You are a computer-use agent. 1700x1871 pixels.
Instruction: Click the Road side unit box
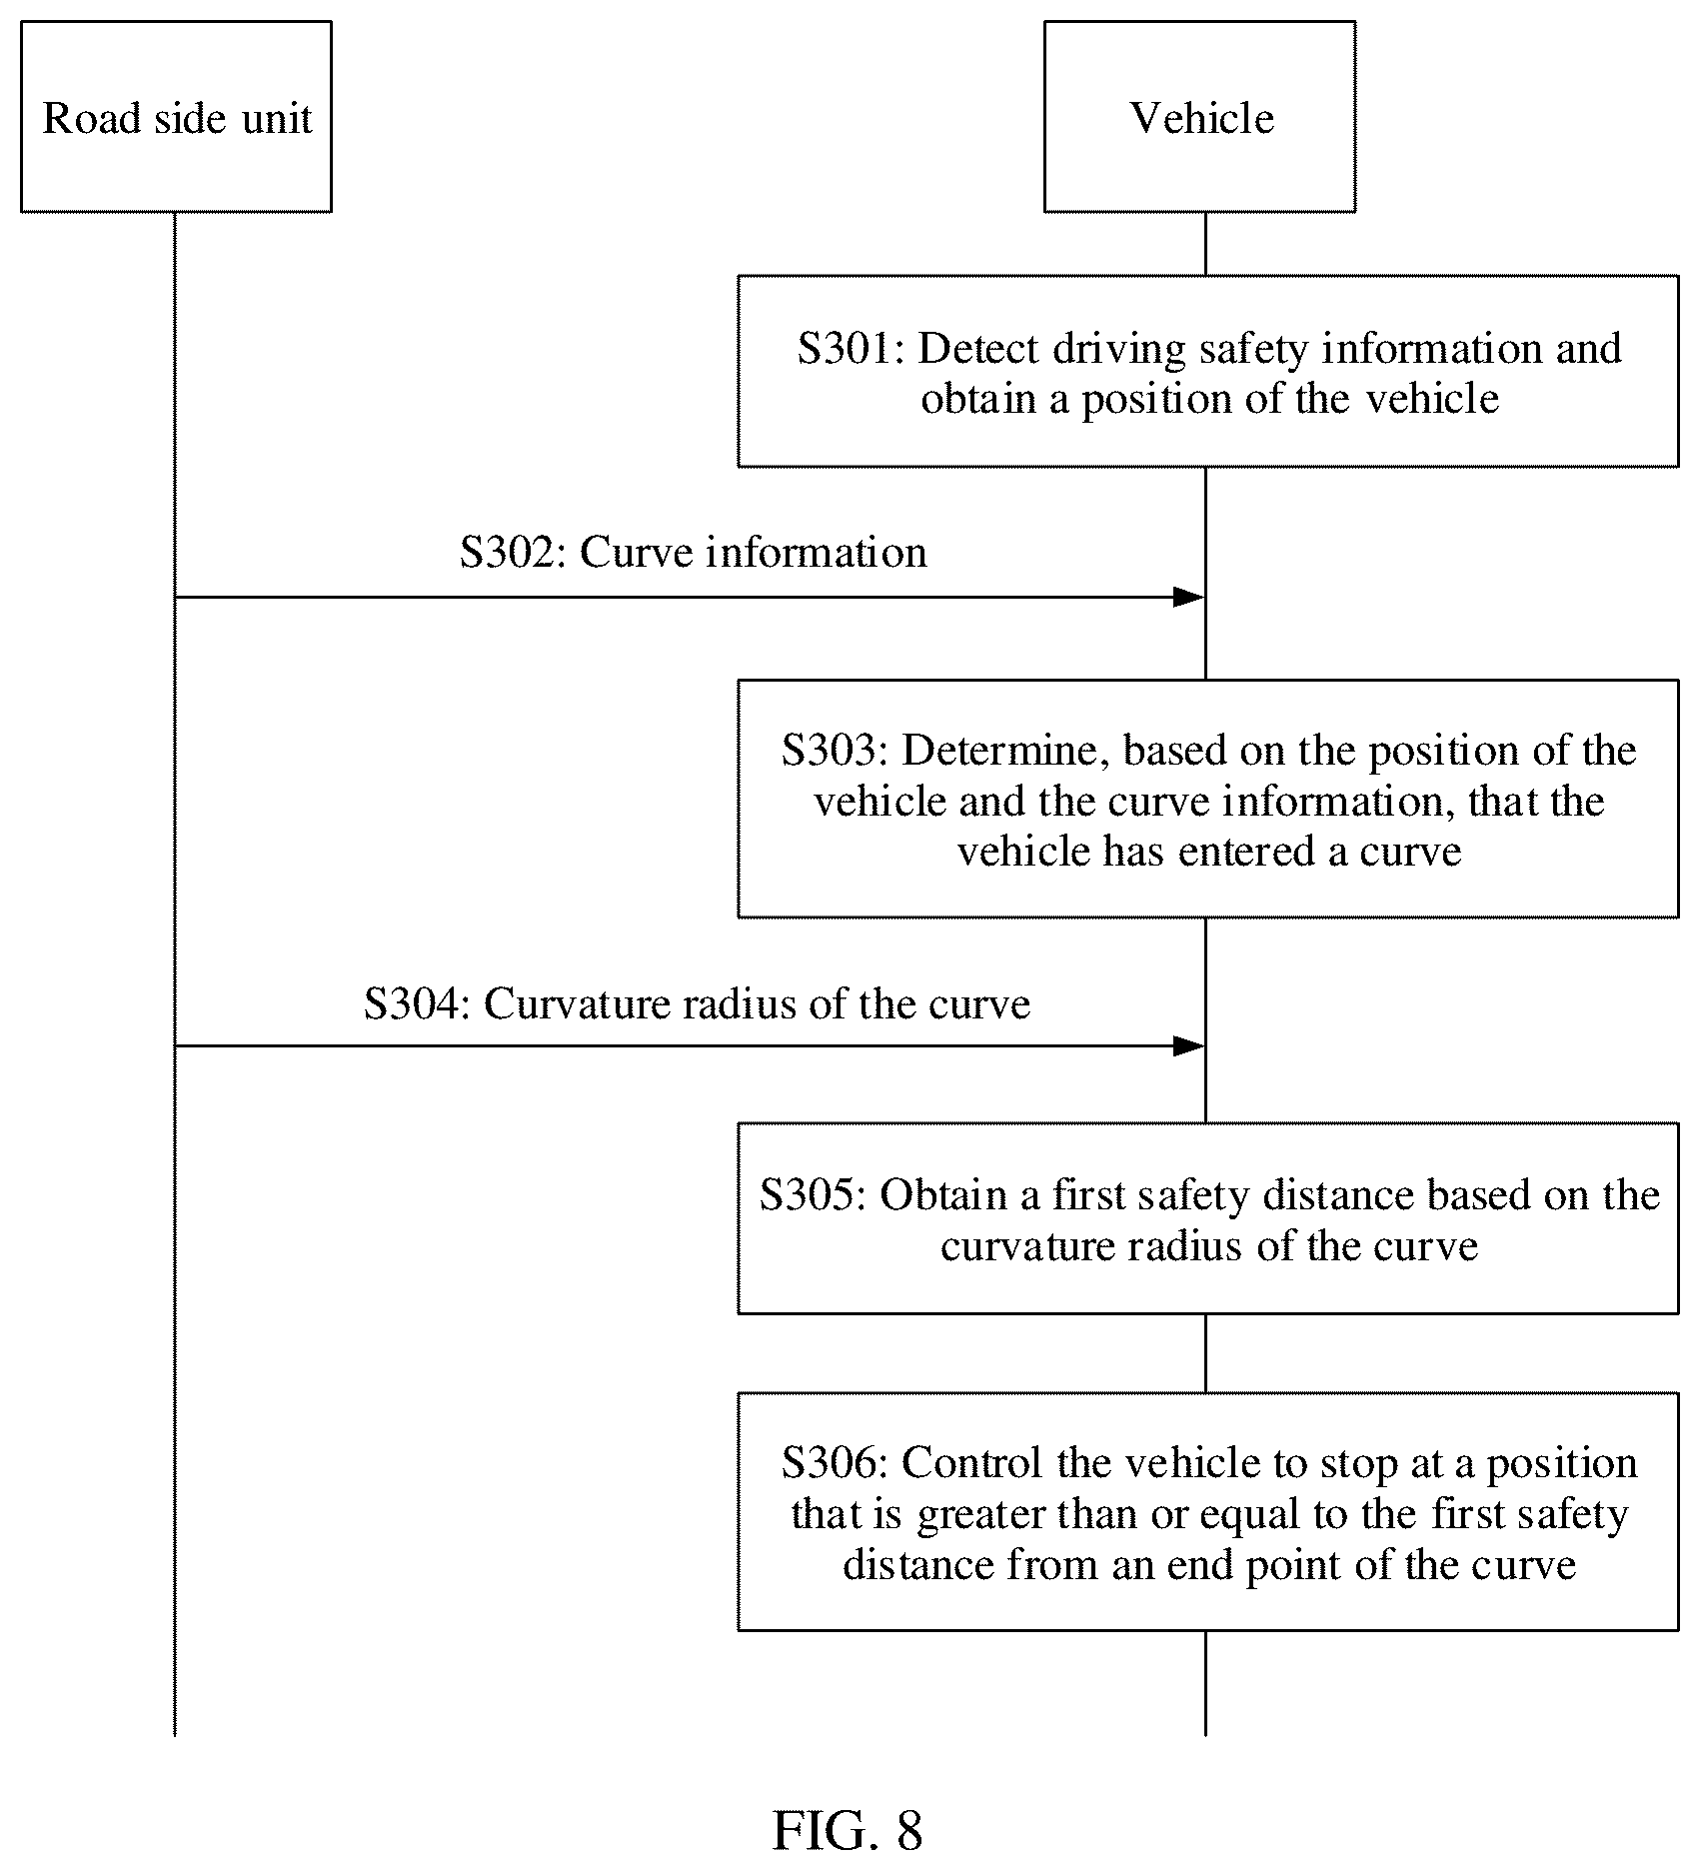pyautogui.click(x=176, y=117)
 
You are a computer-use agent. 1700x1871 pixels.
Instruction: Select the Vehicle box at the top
pyautogui.click(x=1200, y=117)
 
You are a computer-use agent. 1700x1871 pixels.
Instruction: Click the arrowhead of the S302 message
pyautogui.click(x=1188, y=598)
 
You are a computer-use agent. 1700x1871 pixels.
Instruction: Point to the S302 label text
pyautogui.click(x=694, y=553)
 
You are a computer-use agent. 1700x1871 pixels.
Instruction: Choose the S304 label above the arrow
pyautogui.click(x=697, y=1003)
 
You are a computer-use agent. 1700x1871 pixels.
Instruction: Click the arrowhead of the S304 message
pyautogui.click(x=1188, y=1046)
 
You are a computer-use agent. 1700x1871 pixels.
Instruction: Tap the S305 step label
pyautogui.click(x=813, y=1195)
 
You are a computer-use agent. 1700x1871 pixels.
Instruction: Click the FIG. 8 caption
pyautogui.click(x=848, y=1831)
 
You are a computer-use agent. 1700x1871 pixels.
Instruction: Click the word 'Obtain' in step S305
pyautogui.click(x=943, y=1195)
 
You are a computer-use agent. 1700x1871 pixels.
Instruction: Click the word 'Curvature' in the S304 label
pyautogui.click(x=576, y=1003)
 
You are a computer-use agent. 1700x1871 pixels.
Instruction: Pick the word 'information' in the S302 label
pyautogui.click(x=817, y=553)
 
